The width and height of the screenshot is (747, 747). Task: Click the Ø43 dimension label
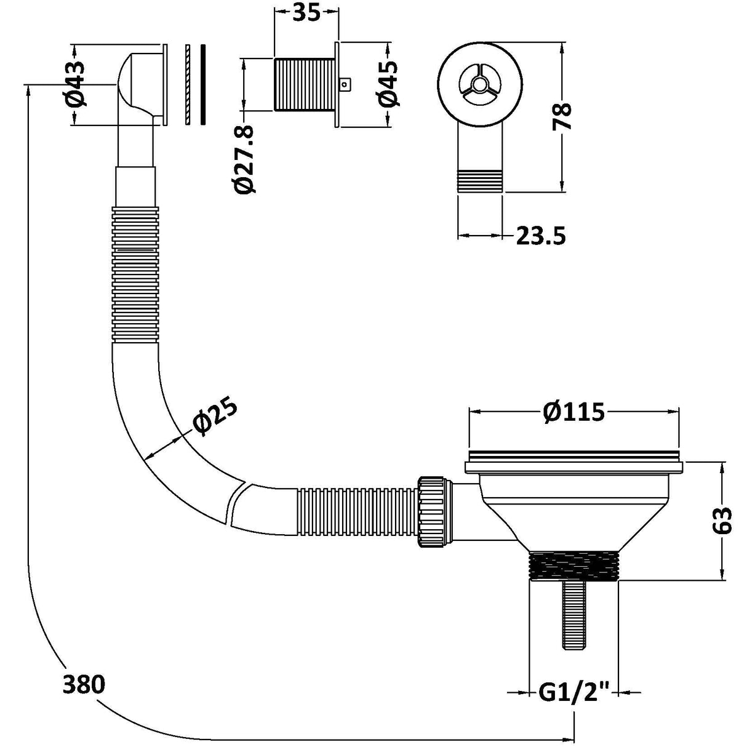[x=76, y=84]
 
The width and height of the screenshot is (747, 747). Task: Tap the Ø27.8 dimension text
[x=245, y=159]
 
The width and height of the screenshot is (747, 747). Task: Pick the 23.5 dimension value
[x=540, y=236]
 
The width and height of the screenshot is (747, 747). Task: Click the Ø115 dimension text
[x=573, y=412]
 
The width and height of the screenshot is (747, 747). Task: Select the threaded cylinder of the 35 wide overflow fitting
[x=304, y=84]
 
